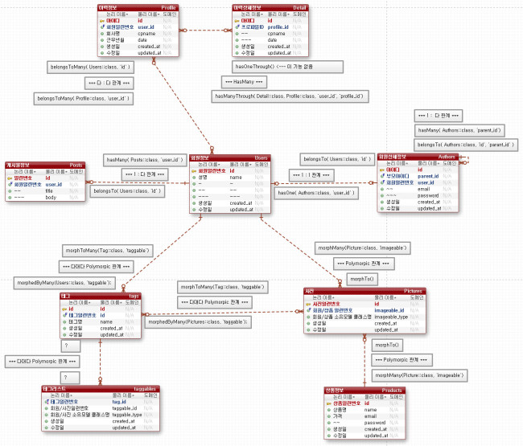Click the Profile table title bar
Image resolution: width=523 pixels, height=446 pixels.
145,6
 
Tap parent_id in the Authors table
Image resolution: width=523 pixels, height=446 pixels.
427,176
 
